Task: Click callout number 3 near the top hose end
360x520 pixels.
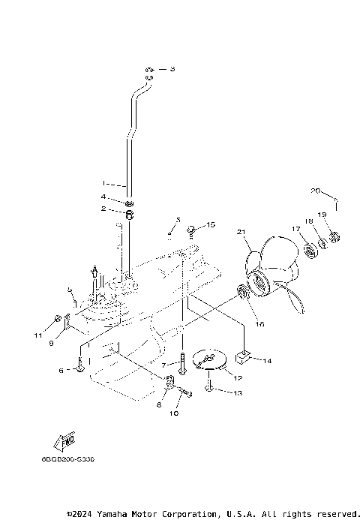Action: coord(172,69)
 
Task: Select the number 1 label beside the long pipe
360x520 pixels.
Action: coord(104,182)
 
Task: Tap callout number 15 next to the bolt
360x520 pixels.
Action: coord(211,224)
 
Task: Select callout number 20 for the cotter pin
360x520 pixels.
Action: coord(316,190)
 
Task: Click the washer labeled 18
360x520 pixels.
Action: coord(322,242)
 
